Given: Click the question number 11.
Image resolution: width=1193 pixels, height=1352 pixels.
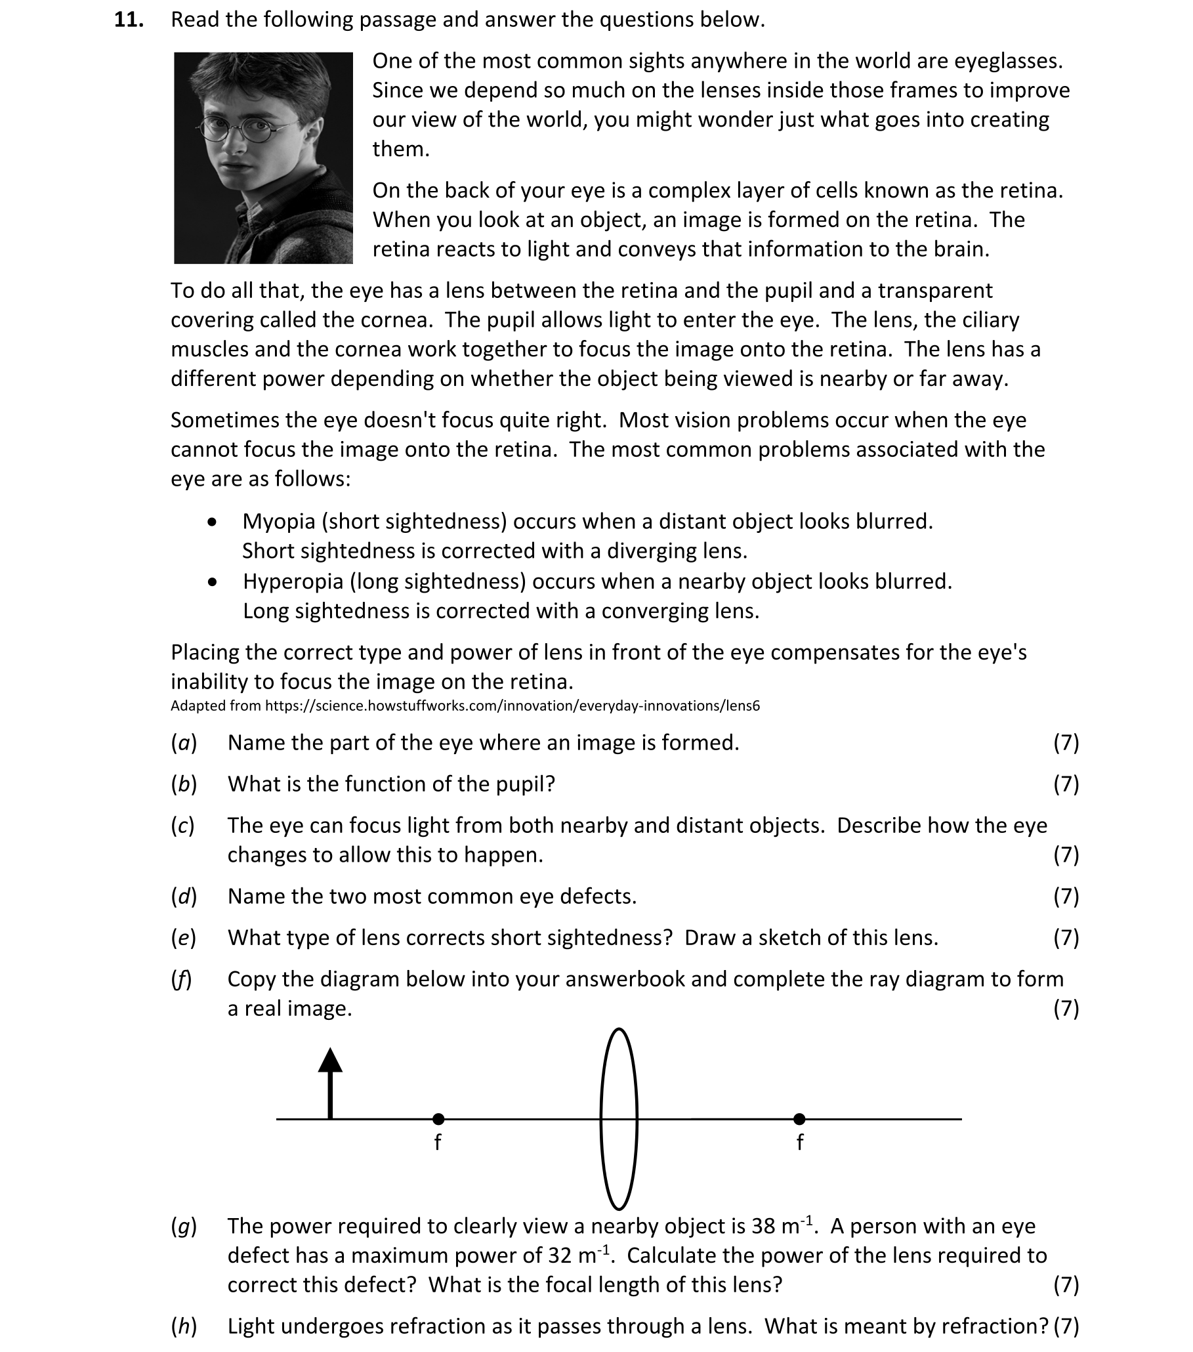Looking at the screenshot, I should click(x=129, y=20).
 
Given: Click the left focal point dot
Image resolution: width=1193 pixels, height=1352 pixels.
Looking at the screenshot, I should click(x=438, y=1119).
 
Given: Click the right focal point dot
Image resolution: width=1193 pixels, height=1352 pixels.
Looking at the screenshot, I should click(x=799, y=1119).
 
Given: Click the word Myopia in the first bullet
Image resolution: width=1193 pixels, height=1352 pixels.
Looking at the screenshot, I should click(x=278, y=522).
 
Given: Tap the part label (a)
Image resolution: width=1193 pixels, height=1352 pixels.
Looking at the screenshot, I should click(x=184, y=743).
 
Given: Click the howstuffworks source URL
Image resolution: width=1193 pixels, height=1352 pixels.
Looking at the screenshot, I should click(x=512, y=706).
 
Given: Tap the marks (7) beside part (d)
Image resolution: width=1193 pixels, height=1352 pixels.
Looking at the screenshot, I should click(x=1066, y=897).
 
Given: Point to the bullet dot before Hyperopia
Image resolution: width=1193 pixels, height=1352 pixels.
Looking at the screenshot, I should click(x=211, y=582).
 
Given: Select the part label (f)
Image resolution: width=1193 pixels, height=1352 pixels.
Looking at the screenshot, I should click(x=181, y=979).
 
